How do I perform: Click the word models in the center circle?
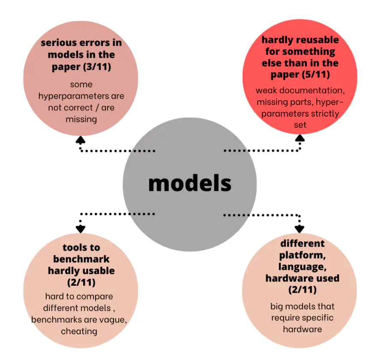pos(189,183)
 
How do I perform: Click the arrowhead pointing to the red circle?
pos(300,138)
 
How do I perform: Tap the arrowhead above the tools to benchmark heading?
pos(80,229)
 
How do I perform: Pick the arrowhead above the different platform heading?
pos(299,228)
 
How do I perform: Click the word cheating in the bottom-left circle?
pos(79,331)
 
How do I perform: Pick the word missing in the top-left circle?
pos(81,119)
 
